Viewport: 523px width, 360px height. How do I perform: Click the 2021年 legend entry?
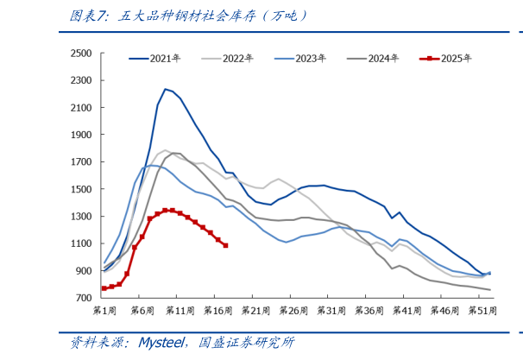tap(165, 59)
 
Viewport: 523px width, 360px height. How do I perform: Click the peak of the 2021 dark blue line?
tap(165, 89)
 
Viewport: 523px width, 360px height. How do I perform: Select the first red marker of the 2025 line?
tap(104, 288)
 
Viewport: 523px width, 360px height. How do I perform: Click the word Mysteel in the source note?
tap(158, 343)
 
